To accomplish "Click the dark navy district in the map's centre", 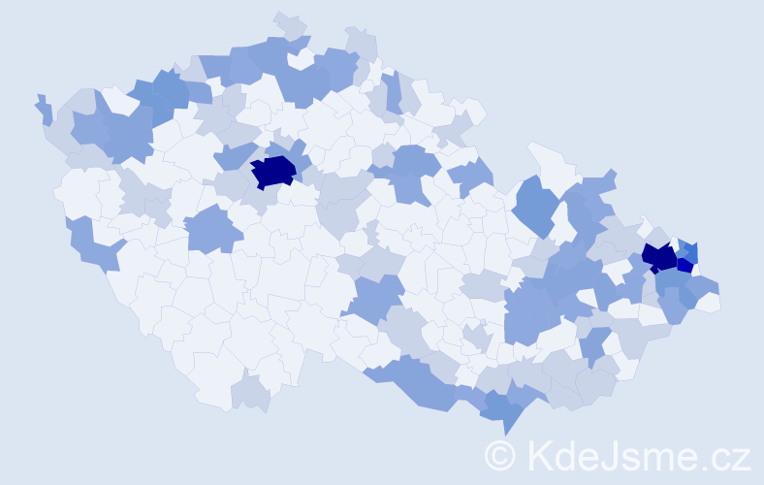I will [273, 172].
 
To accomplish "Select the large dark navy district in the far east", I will [659, 257].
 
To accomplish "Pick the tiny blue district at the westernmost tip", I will [43, 108].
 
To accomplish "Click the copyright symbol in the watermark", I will [500, 454].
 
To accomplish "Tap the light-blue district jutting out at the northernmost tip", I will [290, 24].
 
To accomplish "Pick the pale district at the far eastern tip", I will [709, 302].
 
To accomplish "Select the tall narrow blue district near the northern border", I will [392, 92].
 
